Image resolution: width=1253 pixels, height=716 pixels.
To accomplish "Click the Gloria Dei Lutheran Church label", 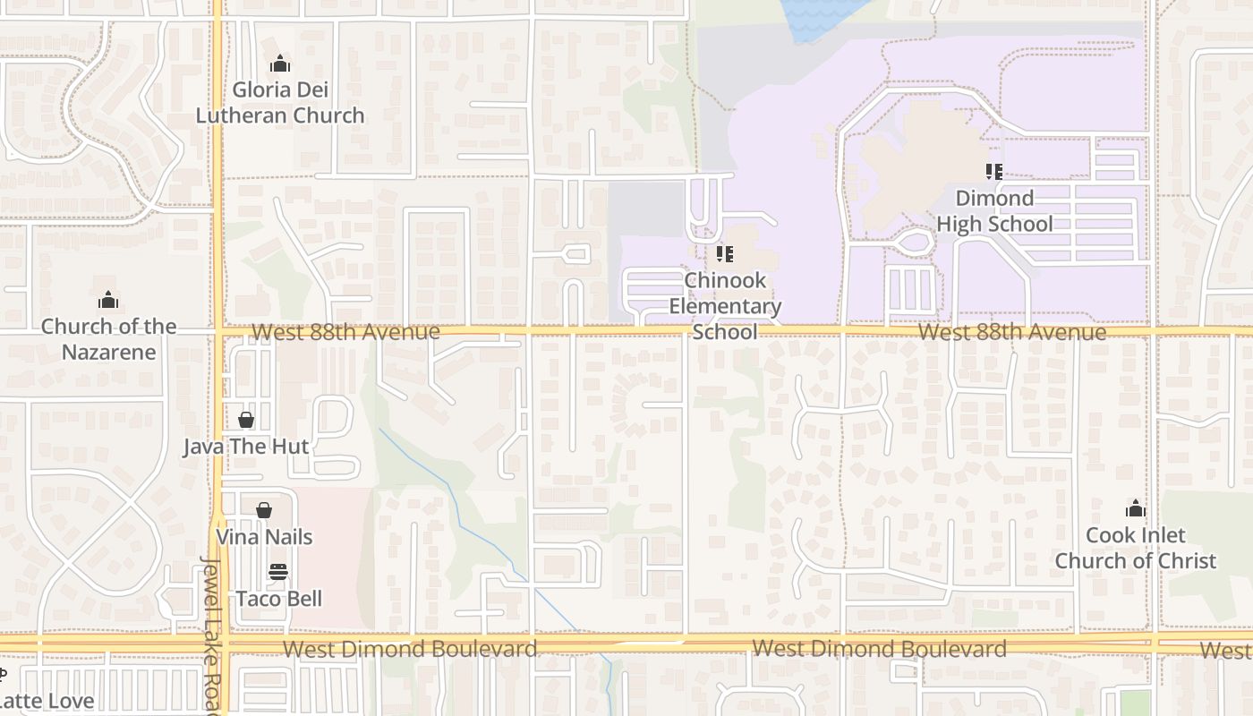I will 280,102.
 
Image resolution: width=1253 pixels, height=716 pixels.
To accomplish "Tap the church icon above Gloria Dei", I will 280,64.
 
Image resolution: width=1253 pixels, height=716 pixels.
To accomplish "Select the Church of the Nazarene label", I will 109,339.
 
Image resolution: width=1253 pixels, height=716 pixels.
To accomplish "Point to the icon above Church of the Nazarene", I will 108,299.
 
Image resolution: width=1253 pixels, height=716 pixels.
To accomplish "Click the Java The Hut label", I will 246,447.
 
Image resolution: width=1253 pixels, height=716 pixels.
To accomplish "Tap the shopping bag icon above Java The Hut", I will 246,419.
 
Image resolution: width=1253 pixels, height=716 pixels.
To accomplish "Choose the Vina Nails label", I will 264,537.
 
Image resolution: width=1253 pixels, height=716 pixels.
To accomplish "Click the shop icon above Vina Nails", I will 264,510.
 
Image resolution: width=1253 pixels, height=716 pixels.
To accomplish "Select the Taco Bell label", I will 278,599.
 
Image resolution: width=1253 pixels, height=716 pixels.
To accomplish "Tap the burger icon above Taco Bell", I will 278,572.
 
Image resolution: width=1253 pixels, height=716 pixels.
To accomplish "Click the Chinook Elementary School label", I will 725,306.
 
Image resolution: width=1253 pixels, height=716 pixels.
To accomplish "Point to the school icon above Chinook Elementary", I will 725,255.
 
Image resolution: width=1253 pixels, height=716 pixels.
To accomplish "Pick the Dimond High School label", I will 994,211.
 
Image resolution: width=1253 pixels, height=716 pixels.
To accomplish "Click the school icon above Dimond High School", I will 993,171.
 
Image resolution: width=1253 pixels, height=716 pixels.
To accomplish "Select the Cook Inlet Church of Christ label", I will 1135,548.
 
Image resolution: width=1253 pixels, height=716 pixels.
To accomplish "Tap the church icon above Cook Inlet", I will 1136,509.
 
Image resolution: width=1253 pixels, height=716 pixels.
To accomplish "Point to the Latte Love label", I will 47,700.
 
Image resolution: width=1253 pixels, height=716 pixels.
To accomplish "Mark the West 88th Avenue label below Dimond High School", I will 1012,333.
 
